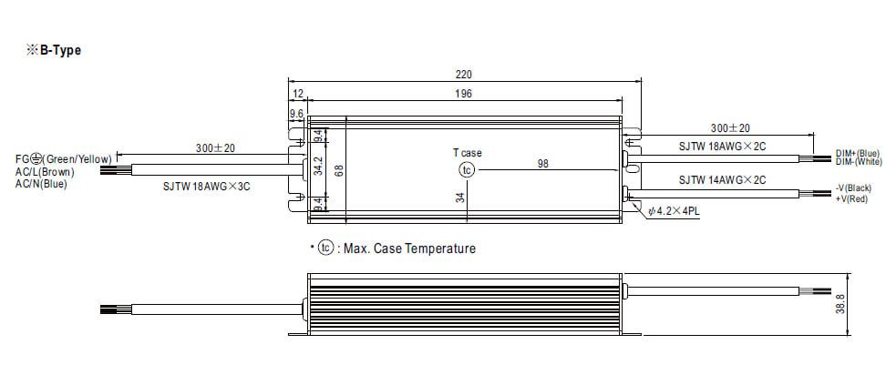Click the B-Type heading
click(x=54, y=50)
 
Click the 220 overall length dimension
click(x=464, y=75)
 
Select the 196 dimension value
click(x=463, y=94)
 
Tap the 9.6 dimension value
click(x=296, y=114)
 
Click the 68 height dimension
click(x=339, y=169)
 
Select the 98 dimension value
click(x=542, y=164)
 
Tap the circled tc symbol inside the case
click(x=467, y=170)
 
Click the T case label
click(x=468, y=153)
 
